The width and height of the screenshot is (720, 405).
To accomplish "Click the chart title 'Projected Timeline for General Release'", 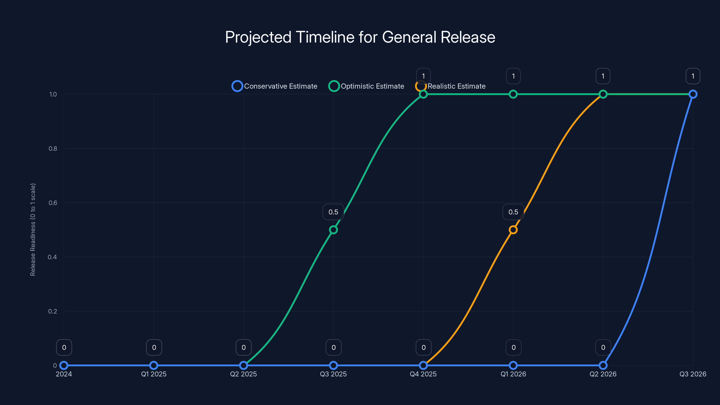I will [360, 37].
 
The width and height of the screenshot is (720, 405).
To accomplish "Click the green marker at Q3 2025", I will [333, 230].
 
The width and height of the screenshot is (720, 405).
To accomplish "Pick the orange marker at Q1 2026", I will [513, 230].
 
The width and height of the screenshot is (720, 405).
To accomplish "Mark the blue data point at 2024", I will [64, 365].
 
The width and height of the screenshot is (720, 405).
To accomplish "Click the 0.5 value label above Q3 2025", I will [333, 212].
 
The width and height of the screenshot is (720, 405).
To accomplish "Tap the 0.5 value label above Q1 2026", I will [513, 212].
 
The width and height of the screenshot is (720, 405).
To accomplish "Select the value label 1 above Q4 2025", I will [423, 76].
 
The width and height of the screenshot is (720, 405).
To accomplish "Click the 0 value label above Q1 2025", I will [154, 347].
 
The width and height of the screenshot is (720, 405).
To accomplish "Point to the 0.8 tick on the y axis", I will [53, 148].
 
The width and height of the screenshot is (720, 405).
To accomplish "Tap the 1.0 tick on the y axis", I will [53, 94].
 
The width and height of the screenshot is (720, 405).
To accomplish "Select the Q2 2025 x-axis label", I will [243, 374].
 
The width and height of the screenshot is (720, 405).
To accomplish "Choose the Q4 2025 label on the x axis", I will [423, 374].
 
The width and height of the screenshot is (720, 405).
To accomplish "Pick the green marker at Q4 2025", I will [423, 94].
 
